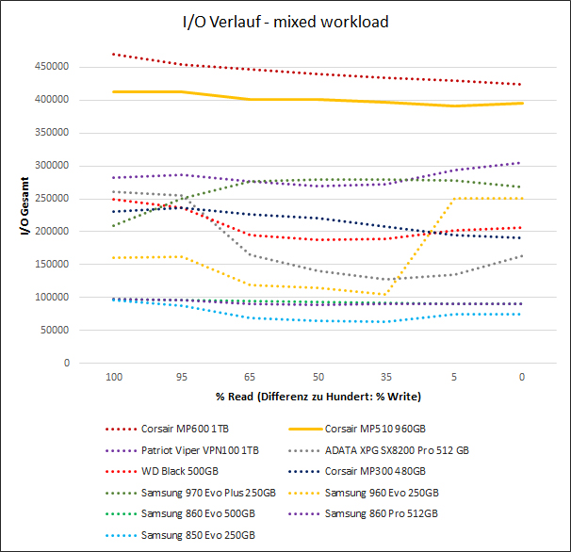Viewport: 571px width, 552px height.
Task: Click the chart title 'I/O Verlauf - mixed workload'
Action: (x=285, y=21)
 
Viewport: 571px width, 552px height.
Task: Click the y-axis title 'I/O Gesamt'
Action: (x=25, y=205)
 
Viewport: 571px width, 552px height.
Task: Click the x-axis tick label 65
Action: (x=250, y=376)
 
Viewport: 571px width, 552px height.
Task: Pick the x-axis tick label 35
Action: (x=385, y=376)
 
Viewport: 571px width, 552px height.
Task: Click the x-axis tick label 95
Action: (x=181, y=376)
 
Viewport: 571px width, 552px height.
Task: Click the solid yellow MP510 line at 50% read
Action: (x=318, y=99)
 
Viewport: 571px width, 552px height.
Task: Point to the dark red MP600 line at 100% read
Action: (x=113, y=54)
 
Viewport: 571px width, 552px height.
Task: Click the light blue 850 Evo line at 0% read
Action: (x=521, y=314)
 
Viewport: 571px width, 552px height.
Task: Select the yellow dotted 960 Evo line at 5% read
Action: (x=453, y=199)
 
